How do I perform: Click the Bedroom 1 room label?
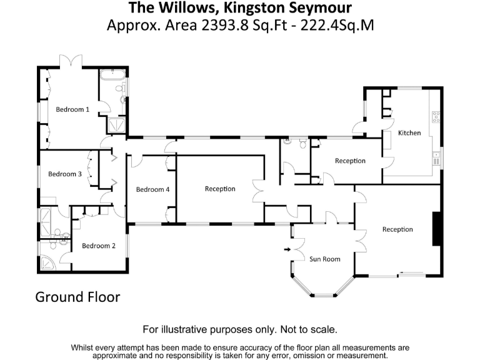[x=72, y=109]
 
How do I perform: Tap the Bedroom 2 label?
[x=99, y=246]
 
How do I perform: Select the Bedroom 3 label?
[x=65, y=174]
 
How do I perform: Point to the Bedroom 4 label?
[x=153, y=189]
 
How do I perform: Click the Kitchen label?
[x=409, y=132]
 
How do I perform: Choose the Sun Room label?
[x=325, y=259]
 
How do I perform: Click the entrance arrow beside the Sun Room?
[x=287, y=250]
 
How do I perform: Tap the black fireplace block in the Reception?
[x=437, y=229]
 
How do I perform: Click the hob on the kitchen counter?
[x=436, y=116]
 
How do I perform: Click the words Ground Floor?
[x=77, y=296]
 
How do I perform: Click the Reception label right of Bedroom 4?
[x=220, y=189]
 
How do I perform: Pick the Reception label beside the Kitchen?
[x=350, y=161]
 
